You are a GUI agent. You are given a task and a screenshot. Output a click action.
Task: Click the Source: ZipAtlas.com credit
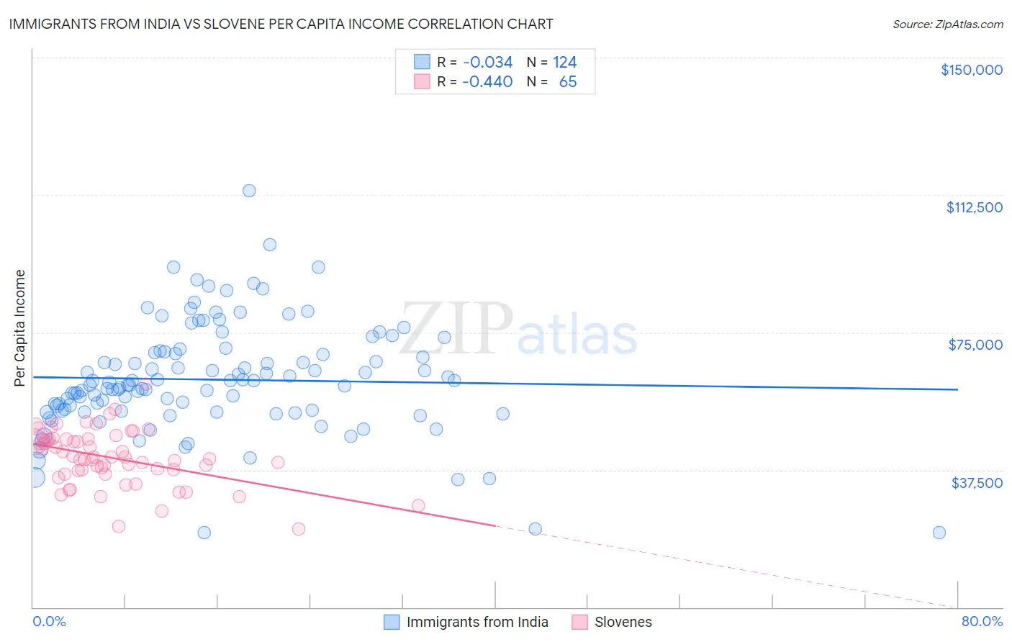947,24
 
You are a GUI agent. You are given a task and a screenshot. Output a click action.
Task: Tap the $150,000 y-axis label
971,70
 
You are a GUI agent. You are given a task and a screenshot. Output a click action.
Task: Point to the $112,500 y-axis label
974,207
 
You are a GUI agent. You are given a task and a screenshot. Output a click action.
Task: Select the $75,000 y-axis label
975,345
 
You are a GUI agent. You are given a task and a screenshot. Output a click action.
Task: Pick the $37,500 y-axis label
977,483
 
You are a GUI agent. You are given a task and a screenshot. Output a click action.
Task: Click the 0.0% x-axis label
49,621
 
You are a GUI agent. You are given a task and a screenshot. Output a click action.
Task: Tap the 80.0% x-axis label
982,621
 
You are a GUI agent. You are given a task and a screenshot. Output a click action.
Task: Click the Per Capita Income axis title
20,327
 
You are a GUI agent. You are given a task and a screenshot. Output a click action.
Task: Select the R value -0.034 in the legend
487,62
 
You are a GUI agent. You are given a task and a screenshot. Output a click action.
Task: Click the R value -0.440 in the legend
487,81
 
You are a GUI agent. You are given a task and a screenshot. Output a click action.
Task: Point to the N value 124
565,62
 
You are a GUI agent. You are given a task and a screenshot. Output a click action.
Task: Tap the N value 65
568,81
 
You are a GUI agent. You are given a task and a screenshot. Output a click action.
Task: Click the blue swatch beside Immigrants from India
392,622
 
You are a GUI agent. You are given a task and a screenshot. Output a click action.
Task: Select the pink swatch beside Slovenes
579,622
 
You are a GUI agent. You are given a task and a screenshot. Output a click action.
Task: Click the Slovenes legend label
623,622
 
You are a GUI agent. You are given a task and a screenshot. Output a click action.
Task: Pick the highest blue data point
249,191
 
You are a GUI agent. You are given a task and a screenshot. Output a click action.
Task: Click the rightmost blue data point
939,533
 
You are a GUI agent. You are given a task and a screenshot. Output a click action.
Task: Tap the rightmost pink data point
418,505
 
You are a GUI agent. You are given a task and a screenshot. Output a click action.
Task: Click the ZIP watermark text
456,329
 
